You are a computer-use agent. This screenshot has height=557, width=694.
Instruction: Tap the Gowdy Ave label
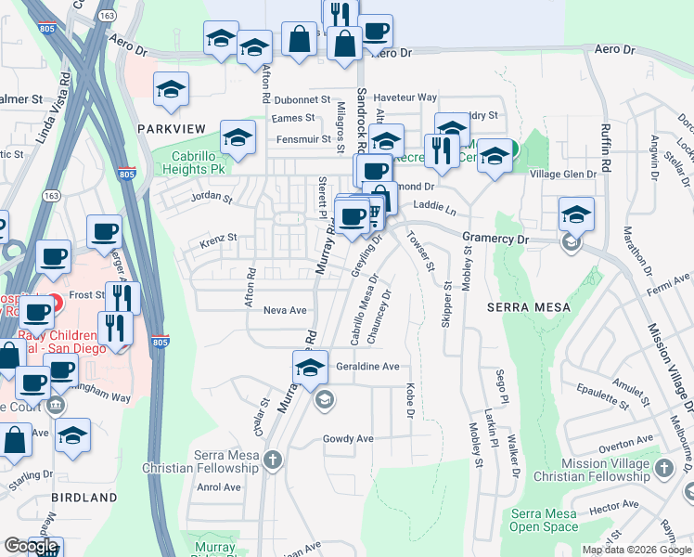pyautogui.click(x=348, y=438)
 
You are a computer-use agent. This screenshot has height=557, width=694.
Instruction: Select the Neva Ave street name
pyautogui.click(x=285, y=311)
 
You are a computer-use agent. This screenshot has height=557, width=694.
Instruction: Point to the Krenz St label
pyautogui.click(x=220, y=243)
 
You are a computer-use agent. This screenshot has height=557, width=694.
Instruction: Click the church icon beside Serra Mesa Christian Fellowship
pyautogui.click(x=272, y=460)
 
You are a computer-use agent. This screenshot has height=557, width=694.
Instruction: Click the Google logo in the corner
pyautogui.click(x=31, y=546)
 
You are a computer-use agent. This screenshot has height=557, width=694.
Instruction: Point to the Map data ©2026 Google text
pyautogui.click(x=636, y=550)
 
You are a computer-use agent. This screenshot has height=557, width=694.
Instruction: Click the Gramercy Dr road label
pyautogui.click(x=495, y=239)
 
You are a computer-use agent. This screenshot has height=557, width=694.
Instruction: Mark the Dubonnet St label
pyautogui.click(x=302, y=99)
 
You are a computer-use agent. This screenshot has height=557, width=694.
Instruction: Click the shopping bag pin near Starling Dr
pyautogui.click(x=16, y=441)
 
